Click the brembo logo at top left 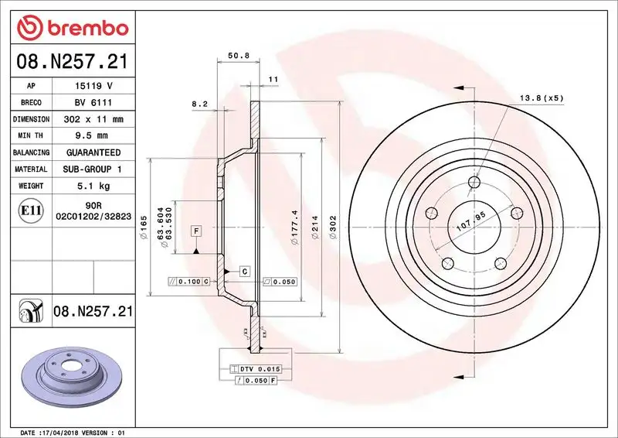click(71, 27)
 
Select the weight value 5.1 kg click(93, 186)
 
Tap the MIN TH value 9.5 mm click(93, 136)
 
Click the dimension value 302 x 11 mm click(93, 120)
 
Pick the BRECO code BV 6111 click(93, 103)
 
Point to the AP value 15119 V click(93, 86)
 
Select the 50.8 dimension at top click(237, 56)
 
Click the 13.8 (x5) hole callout click(541, 98)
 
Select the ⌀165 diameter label click(144, 228)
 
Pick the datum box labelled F click(196, 231)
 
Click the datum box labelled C click(243, 271)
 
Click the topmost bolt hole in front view click(475, 183)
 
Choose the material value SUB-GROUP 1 click(93, 169)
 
